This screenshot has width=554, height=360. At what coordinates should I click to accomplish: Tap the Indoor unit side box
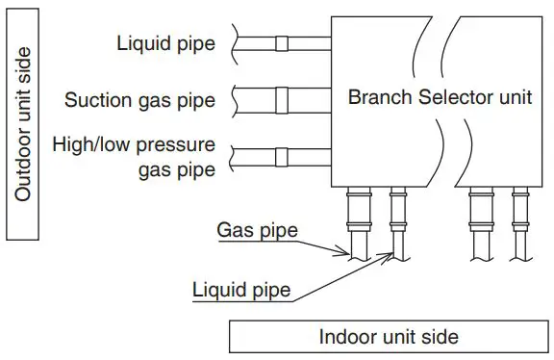click(x=389, y=337)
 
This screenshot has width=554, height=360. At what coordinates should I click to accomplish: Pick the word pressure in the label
click(x=180, y=145)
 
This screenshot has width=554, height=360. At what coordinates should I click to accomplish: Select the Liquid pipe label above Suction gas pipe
click(x=164, y=42)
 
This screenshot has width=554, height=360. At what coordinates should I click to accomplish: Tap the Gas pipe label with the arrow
click(x=258, y=230)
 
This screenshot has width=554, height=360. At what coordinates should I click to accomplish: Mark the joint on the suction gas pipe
click(x=281, y=99)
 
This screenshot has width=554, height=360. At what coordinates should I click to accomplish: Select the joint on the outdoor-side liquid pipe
click(x=281, y=42)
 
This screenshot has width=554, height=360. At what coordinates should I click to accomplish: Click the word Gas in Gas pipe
click(x=234, y=230)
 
